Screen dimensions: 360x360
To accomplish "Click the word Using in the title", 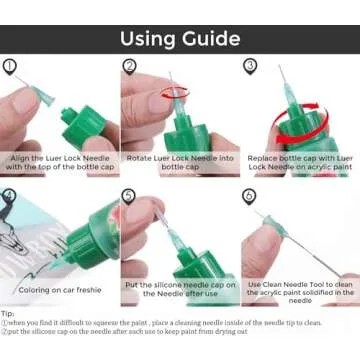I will (151, 39).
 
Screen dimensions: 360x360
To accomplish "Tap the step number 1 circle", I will (11, 66).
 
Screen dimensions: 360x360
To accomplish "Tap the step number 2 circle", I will (130, 66).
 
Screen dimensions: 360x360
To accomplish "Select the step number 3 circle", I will (250, 66).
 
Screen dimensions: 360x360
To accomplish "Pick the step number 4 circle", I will (11, 196).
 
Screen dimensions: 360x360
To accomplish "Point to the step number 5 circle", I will (130, 196).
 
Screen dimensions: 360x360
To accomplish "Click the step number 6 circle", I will (250, 196).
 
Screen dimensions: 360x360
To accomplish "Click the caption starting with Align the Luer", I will (60, 164).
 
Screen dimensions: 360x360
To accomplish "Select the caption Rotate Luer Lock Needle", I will (179, 164).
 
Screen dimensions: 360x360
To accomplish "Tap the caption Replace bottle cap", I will (300, 164).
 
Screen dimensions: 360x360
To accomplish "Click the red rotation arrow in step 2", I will (174, 92).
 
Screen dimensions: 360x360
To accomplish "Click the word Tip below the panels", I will (10, 313).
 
